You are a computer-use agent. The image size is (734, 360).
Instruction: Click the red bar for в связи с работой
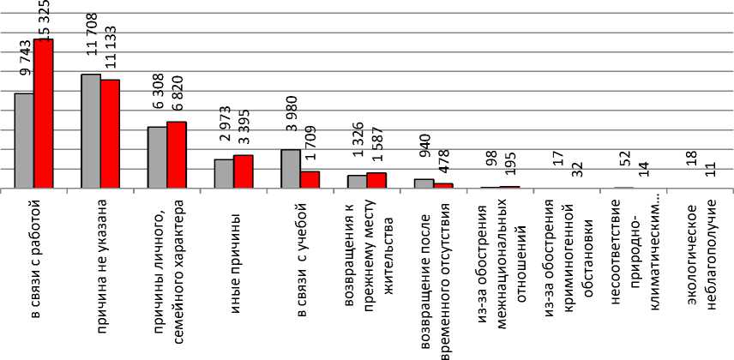43,113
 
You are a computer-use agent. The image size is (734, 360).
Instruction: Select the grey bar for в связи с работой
24,140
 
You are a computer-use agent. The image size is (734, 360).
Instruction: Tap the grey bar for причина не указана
91,130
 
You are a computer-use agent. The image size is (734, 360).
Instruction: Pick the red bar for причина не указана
110,134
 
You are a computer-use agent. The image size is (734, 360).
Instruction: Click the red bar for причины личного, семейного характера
177,154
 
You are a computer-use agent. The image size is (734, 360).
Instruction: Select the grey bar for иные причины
224,173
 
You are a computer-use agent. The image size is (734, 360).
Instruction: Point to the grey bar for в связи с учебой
291,168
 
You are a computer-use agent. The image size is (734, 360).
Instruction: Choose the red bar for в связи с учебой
310,179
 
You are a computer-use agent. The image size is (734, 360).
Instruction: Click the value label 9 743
26,60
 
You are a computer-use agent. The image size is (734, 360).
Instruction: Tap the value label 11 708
93,43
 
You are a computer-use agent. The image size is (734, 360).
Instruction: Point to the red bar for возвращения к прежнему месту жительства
376,180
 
